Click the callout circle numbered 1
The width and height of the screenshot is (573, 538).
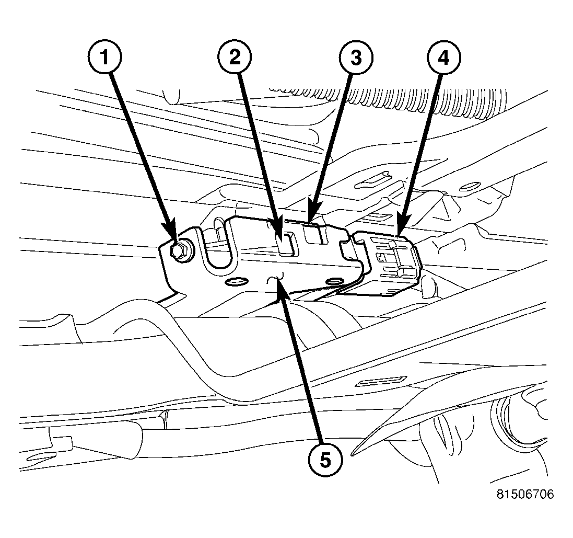pyautogui.click(x=106, y=57)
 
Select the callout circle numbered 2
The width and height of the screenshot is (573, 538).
pyautogui.click(x=235, y=57)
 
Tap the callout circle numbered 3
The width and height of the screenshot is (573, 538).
pyautogui.click(x=355, y=57)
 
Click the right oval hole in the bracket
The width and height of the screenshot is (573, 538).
pyautogui.click(x=333, y=282)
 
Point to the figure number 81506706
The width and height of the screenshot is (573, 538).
pyautogui.click(x=525, y=494)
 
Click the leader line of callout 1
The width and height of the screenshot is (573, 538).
pyautogui.click(x=141, y=152)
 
